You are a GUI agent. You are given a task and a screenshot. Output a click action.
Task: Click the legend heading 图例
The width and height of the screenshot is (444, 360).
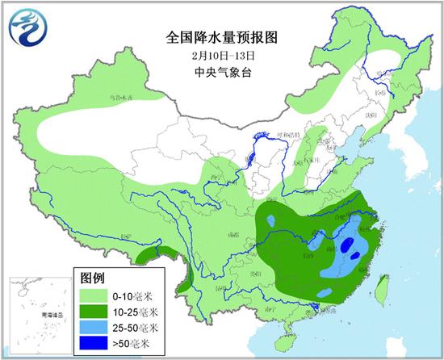pos(92,276)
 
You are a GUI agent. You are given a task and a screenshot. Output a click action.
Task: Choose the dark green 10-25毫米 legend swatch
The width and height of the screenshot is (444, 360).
pos(95,312)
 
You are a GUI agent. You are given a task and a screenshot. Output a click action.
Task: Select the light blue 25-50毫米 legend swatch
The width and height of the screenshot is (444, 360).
pos(95,328)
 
